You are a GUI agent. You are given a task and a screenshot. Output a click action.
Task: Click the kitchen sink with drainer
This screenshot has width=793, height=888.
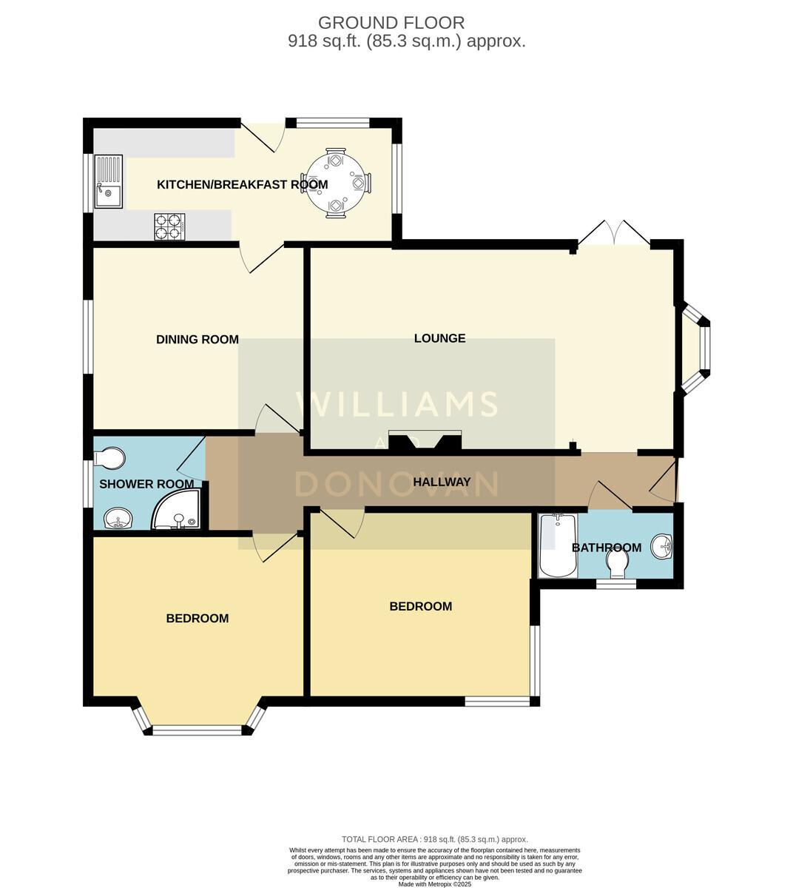tap(109, 181)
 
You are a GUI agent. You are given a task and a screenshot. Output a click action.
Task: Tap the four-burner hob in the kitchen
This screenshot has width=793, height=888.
tap(169, 226)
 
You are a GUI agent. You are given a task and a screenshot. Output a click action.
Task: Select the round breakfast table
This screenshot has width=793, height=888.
tap(336, 183)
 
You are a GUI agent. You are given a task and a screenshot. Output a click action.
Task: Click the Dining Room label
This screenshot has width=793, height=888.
tap(198, 339)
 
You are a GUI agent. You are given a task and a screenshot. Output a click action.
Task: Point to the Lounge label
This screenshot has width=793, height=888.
tap(440, 338)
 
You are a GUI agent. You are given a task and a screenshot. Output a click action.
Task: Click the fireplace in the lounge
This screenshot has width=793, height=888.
tap(425, 440)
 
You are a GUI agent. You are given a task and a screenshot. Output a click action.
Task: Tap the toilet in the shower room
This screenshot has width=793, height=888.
tap(109, 459)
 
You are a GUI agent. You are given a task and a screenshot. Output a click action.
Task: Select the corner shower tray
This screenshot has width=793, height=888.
tap(177, 509)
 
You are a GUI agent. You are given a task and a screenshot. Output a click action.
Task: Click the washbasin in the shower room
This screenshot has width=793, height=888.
tap(118, 519)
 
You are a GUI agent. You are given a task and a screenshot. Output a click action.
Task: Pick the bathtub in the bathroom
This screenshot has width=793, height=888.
tap(558, 545)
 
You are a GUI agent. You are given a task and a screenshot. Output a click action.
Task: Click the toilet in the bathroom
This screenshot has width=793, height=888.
tap(618, 564)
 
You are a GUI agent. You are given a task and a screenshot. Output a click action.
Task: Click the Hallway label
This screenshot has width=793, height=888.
tap(442, 482)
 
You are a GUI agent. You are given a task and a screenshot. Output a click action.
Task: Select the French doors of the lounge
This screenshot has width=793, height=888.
tap(614, 232)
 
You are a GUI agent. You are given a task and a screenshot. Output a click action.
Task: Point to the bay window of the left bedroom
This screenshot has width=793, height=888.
tap(198, 718)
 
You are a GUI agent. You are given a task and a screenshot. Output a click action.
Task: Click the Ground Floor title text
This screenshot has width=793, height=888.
tap(391, 22)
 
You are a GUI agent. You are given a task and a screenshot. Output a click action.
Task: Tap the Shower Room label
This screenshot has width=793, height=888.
tap(146, 484)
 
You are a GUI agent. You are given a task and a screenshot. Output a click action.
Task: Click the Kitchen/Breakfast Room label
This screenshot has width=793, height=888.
tap(243, 184)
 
